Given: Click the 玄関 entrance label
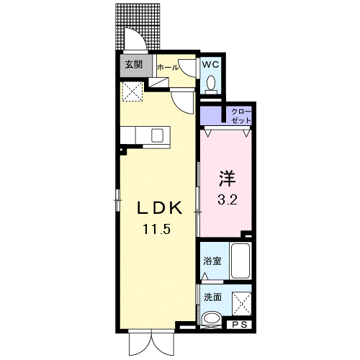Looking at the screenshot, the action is tap(134, 65).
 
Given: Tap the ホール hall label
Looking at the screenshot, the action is tap(168, 68).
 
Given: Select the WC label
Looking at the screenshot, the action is tap(210, 64).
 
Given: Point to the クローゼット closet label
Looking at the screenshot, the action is tap(241, 116).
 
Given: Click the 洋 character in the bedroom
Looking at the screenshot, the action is tap(227, 179).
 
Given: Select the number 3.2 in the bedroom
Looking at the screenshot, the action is tap(228, 199).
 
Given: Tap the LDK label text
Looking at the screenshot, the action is tap(159, 208).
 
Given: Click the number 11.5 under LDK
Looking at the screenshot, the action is tap(157, 229).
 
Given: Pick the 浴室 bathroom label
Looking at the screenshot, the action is tap(212, 261).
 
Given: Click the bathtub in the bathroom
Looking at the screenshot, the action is tap(240, 261).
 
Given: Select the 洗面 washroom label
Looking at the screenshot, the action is tap(212, 297).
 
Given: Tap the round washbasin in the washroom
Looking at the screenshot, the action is tap(212, 319).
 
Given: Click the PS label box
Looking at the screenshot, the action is tap(240, 325).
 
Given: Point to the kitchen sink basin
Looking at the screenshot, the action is tap(157, 135).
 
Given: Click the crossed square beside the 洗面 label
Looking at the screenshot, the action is tap(242, 304).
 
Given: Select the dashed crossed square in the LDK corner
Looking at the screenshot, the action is tap(132, 91).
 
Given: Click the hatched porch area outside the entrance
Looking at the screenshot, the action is tap(138, 16).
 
